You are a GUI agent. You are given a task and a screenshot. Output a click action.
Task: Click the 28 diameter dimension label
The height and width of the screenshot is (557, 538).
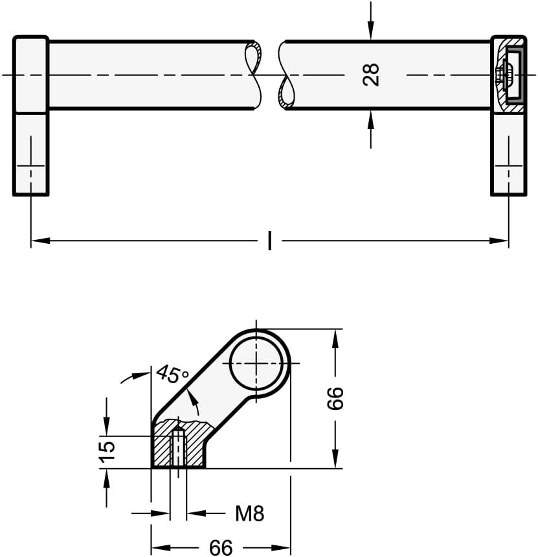coord(371,75)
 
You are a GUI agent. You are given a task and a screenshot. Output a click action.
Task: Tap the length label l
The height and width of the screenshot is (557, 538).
coord(270,241)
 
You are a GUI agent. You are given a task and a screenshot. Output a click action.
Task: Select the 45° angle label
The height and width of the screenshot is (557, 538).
coord(172,373)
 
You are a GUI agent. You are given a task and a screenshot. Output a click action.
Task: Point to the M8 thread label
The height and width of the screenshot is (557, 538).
coord(250,514)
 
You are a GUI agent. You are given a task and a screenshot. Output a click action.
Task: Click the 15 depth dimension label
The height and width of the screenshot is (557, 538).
coord(107,452)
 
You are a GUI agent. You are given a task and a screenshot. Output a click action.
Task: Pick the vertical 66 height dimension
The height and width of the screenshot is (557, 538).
coord(335,398)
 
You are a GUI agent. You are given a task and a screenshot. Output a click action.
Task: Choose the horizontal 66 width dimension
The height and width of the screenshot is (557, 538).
coord(221,547)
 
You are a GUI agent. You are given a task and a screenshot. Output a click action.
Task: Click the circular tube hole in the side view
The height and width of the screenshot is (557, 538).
coord(256,363)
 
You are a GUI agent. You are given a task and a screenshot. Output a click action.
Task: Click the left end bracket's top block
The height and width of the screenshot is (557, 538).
coord(31,75)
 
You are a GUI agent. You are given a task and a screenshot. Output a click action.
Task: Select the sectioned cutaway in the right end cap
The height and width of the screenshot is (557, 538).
coord(508,75)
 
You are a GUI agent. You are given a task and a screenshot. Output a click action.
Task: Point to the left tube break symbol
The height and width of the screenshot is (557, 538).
coord(254,75)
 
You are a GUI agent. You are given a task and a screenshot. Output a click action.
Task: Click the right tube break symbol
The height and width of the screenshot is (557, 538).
coord(286,75)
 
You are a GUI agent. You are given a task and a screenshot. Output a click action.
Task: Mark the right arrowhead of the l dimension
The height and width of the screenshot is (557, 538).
coord(499,241)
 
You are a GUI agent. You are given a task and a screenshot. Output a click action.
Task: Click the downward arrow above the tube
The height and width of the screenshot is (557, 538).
coord(371,21)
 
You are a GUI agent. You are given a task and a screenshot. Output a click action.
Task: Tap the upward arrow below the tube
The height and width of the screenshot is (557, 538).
coord(371,128)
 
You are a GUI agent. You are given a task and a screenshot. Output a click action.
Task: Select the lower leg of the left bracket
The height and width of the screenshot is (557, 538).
coord(30,154)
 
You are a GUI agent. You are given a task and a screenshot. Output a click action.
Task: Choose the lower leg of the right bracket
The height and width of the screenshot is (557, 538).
coord(509,154)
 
